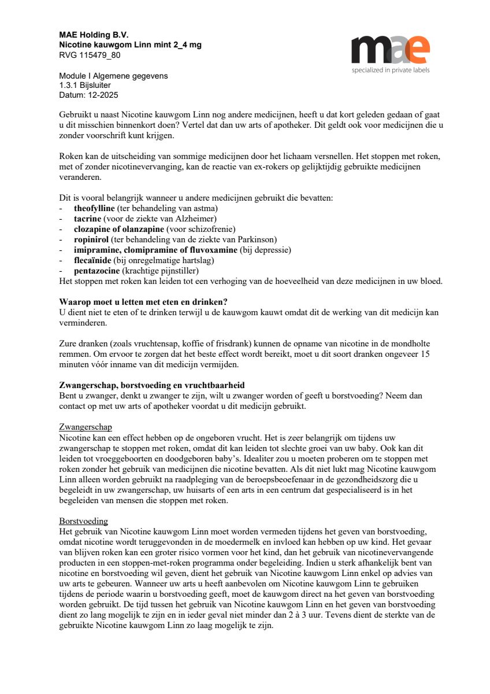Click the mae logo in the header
click(x=391, y=50)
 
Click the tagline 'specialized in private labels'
click(x=391, y=70)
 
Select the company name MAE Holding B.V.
click(x=94, y=35)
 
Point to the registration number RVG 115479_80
click(x=90, y=55)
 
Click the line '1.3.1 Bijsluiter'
click(x=86, y=85)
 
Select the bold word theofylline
click(x=95, y=208)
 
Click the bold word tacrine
click(x=88, y=219)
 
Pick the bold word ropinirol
click(x=92, y=239)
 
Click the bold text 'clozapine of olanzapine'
click(x=119, y=229)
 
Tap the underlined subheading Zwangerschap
click(x=86, y=427)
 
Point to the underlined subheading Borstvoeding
click(x=83, y=520)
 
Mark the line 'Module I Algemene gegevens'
click(x=113, y=76)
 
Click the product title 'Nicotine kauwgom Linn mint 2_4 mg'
click(x=130, y=45)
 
